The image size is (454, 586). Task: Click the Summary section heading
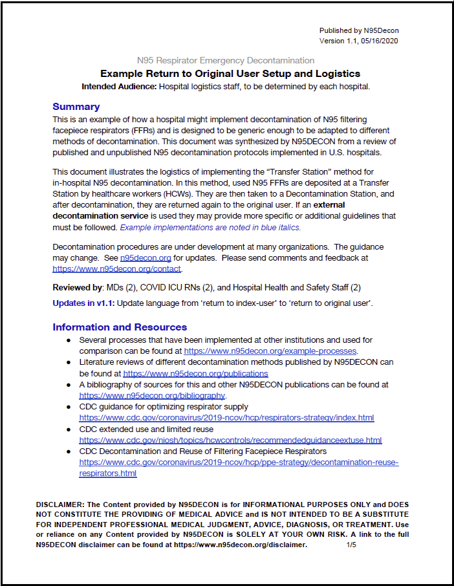[x=76, y=107]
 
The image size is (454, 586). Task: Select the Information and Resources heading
[x=120, y=327]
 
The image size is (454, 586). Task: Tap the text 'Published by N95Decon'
[x=363, y=31]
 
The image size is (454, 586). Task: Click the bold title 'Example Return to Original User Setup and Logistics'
[x=230, y=74]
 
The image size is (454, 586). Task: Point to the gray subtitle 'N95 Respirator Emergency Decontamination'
[x=230, y=61]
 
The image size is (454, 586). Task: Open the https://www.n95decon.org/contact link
[x=117, y=268]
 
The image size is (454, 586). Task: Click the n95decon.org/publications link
[x=195, y=373]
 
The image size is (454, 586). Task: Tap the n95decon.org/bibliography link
[x=152, y=395]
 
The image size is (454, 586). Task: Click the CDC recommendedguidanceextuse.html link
[x=230, y=440]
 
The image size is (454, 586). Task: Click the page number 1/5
[x=352, y=545]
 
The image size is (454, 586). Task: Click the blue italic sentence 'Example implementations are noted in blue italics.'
[x=210, y=227]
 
